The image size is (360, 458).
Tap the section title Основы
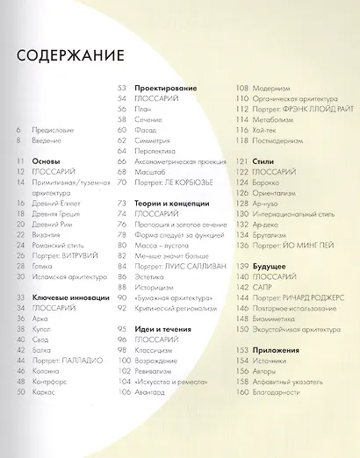pos(45,162)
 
